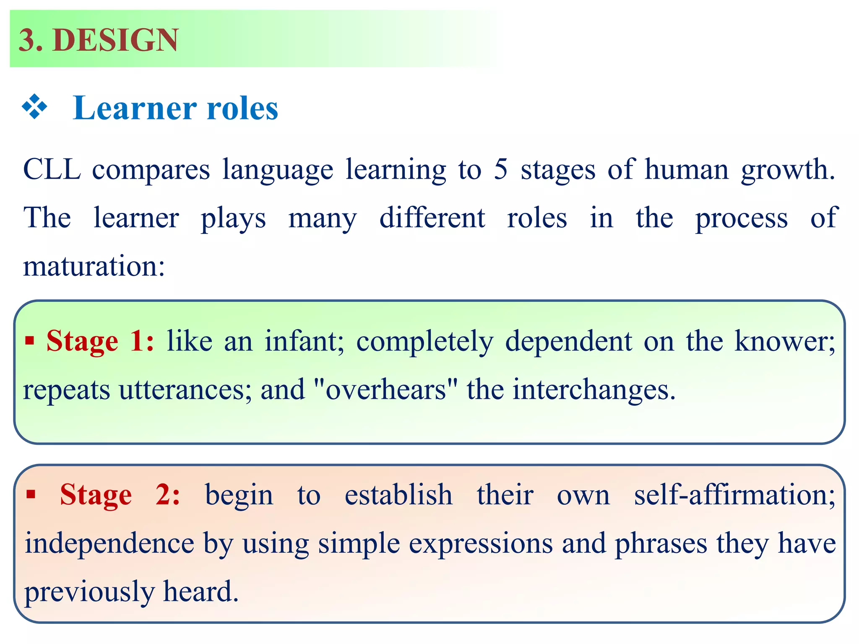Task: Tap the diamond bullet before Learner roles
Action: [35, 107]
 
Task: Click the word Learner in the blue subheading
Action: [134, 108]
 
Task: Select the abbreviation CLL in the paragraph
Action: [52, 170]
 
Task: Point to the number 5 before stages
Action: [500, 170]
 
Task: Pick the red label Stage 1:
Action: [100, 341]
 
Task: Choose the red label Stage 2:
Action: [120, 495]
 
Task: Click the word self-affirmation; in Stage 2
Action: [734, 495]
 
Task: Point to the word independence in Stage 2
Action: [109, 544]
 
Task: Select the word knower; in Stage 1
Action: [785, 341]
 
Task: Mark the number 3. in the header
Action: [31, 40]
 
